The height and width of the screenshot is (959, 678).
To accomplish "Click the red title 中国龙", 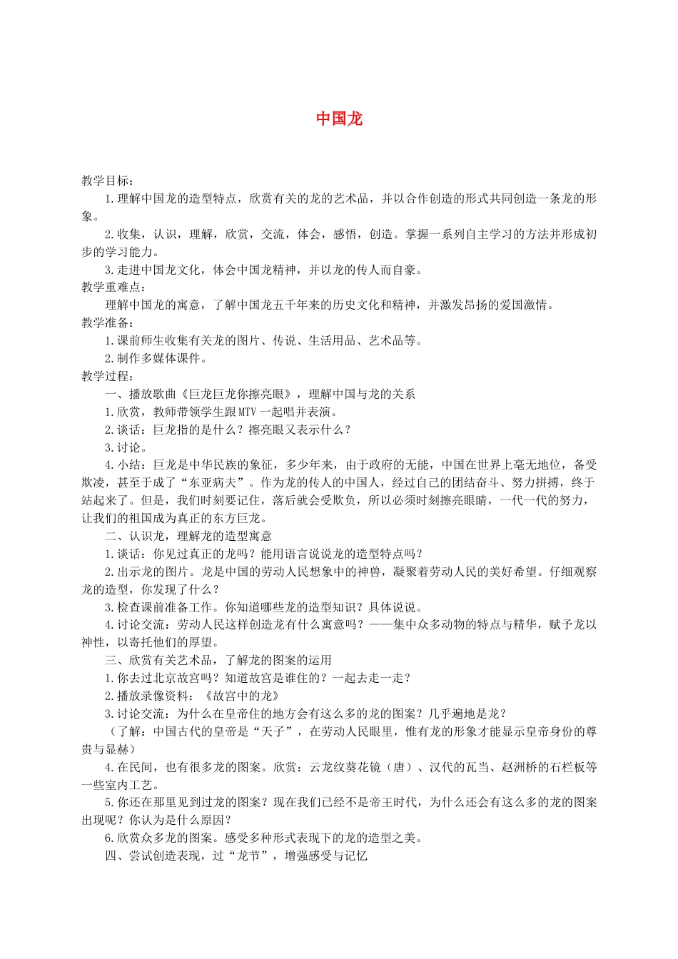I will click(339, 119).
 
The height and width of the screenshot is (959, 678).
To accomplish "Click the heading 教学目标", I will click(106, 181).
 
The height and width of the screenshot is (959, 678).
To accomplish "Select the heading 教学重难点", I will click(113, 288).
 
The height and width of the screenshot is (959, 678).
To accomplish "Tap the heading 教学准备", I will click(106, 323).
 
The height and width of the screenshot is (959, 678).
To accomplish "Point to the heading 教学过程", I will click(106, 376).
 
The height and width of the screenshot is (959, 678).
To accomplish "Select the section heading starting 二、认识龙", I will click(188, 536).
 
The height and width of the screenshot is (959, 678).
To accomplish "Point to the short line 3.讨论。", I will click(126, 447).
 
